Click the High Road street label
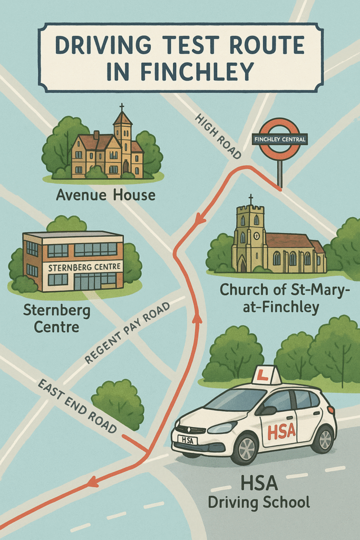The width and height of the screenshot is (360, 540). (x=218, y=136)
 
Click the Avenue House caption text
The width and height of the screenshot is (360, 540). (x=105, y=196)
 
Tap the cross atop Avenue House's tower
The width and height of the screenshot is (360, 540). (x=122, y=107)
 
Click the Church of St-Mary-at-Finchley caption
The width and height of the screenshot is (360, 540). (x=269, y=298)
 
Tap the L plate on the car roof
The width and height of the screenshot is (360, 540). (x=266, y=375)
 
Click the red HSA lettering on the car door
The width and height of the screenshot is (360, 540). (x=281, y=431)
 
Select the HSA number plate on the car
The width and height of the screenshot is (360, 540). (x=188, y=439)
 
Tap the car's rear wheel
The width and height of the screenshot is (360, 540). (x=323, y=439)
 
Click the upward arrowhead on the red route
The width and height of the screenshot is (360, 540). (x=198, y=317)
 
